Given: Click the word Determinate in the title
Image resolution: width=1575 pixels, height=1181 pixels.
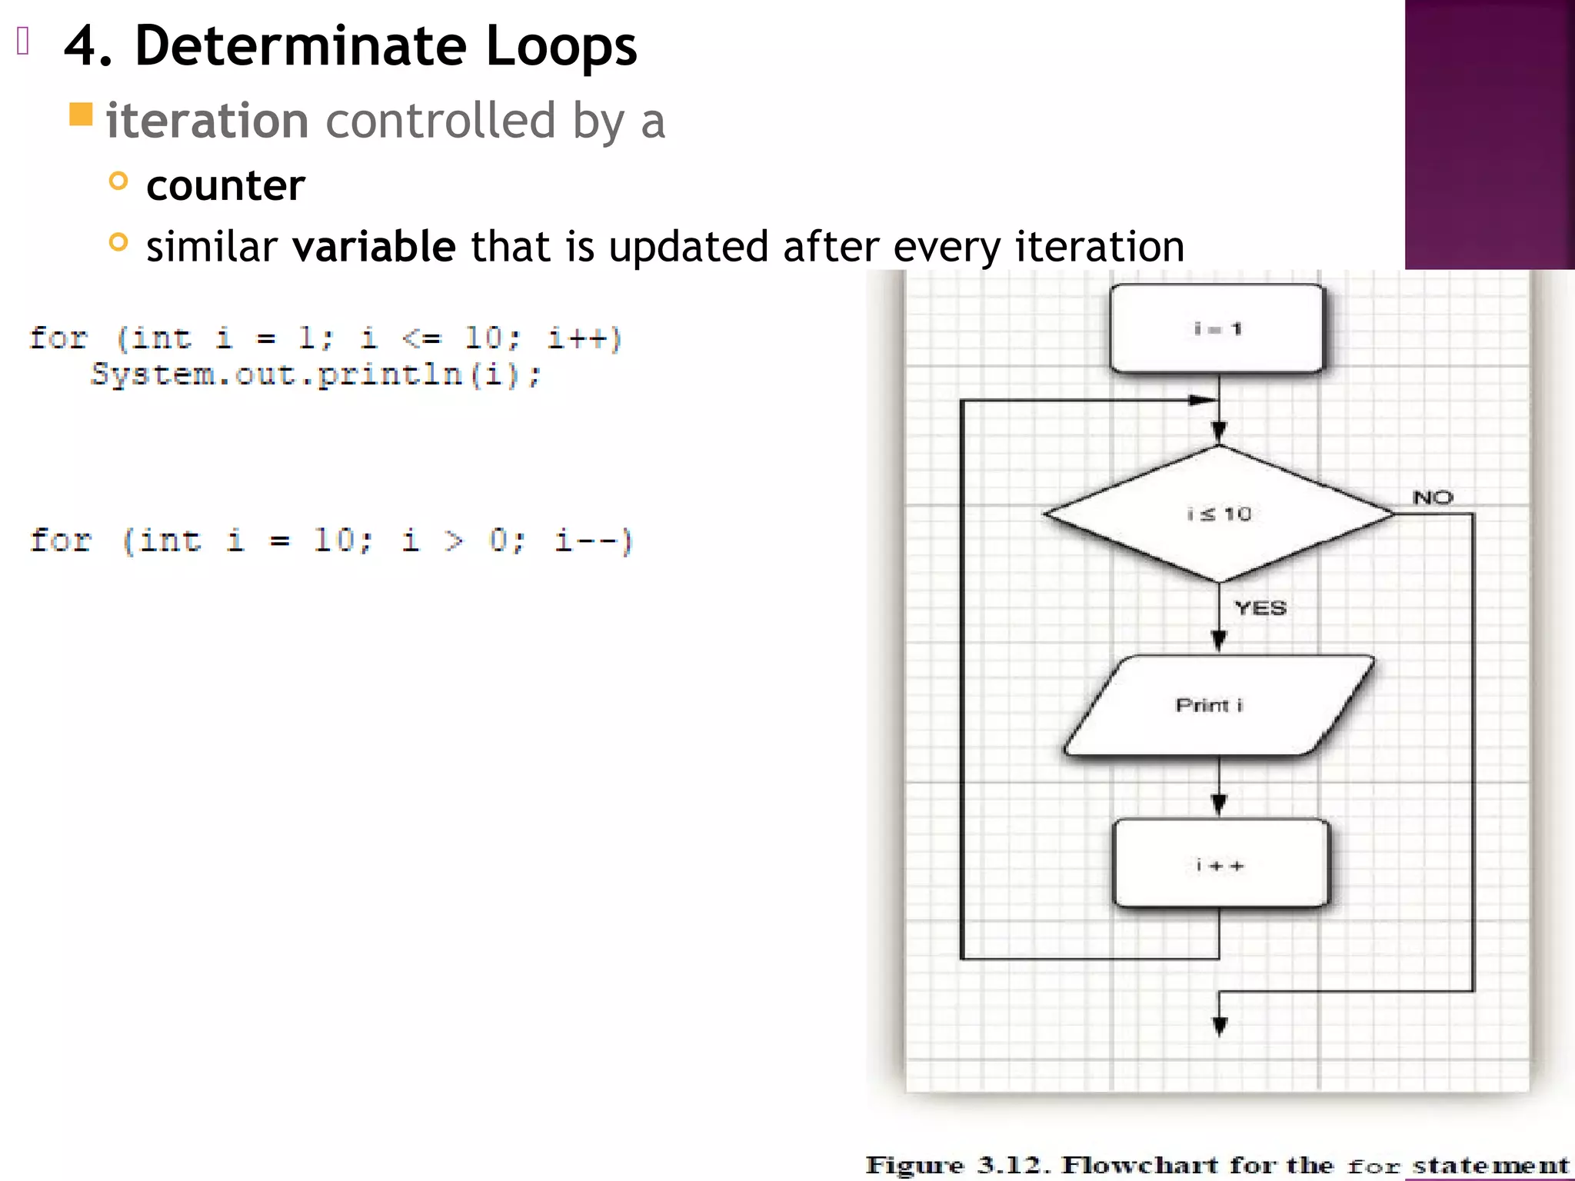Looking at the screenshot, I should click(x=300, y=46).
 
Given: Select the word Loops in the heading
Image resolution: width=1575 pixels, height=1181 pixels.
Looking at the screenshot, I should click(x=561, y=46).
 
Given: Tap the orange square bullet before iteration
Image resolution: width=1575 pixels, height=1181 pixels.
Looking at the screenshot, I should click(x=81, y=115).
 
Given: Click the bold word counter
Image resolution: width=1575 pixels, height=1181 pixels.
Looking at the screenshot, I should click(x=225, y=185).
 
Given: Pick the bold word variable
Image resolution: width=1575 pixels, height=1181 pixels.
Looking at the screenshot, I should click(x=375, y=247).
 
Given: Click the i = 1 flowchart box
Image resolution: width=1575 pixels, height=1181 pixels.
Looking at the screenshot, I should click(x=1217, y=329).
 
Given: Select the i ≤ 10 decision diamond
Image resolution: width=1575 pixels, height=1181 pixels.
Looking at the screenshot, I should click(x=1219, y=514).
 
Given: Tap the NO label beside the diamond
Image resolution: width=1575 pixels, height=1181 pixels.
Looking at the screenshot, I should click(x=1433, y=497).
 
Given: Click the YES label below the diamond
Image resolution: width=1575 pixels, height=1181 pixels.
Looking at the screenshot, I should click(x=1260, y=608).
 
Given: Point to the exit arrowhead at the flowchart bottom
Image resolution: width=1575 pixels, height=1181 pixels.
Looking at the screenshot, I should click(x=1220, y=1026).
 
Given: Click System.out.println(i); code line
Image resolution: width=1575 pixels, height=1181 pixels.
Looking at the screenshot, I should click(x=316, y=375).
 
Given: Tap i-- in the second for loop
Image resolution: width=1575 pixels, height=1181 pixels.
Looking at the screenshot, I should click(x=593, y=541).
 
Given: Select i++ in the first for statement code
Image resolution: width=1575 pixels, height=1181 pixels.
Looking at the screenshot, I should click(x=584, y=338).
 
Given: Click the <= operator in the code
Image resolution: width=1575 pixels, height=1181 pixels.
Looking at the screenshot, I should click(x=421, y=338).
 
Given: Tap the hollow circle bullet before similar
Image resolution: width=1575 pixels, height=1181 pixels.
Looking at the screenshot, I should click(x=118, y=243).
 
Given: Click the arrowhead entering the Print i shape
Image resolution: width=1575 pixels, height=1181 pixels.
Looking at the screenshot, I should click(x=1219, y=640).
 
